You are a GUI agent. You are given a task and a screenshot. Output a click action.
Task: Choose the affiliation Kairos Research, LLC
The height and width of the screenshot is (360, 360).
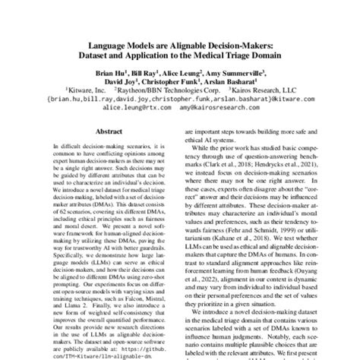pos(261,89)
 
